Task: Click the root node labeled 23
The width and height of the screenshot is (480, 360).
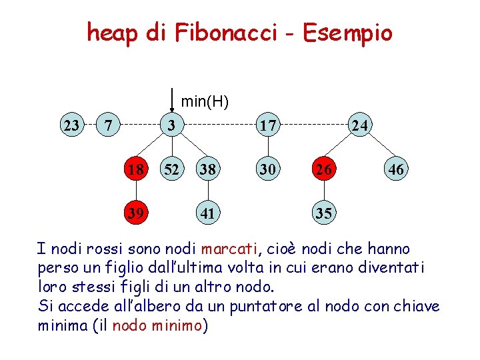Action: [71, 125]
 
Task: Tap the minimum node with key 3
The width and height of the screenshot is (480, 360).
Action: [172, 125]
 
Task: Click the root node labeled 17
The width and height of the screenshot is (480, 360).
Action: [268, 125]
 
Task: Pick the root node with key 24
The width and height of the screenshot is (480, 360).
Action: [361, 125]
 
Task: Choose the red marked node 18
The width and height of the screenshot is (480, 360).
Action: [136, 170]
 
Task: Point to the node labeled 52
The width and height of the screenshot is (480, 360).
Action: [172, 170]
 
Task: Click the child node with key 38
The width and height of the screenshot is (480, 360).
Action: [207, 170]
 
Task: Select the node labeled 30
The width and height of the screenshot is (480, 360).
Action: [268, 170]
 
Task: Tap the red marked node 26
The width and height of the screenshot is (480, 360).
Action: [325, 170]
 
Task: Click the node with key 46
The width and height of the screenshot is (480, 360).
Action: [396, 170]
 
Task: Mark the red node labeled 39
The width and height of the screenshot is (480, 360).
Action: [136, 213]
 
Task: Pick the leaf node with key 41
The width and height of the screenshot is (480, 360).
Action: [207, 213]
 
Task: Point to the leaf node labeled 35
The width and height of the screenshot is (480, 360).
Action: [325, 213]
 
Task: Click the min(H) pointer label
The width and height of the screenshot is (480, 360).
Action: [205, 102]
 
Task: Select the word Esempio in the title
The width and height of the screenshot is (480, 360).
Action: [347, 32]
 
